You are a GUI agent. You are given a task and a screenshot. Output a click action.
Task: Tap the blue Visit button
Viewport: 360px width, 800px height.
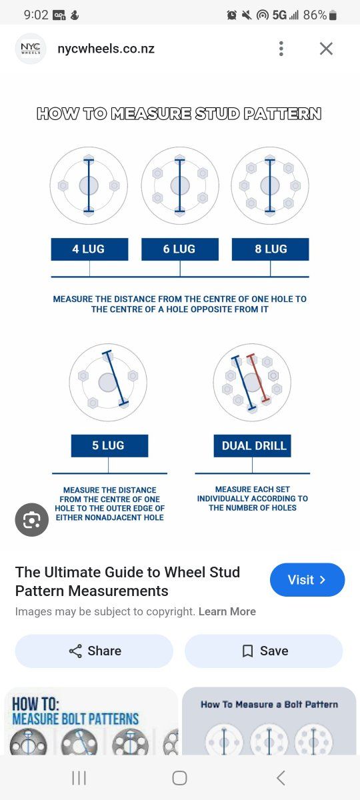tap(307, 579)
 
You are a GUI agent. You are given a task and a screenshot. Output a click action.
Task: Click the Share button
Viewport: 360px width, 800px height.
tap(94, 651)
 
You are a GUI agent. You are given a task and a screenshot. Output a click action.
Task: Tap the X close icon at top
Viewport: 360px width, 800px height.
tap(326, 49)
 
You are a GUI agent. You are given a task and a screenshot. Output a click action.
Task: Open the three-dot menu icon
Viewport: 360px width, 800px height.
tap(281, 49)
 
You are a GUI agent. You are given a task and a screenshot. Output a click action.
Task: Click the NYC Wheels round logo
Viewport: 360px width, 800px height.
tap(31, 49)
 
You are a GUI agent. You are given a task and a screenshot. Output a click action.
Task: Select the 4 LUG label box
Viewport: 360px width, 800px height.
tap(89, 249)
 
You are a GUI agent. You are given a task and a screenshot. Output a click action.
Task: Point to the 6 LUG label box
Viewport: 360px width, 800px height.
tap(180, 249)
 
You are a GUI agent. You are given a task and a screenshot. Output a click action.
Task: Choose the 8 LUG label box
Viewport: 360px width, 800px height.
tap(271, 249)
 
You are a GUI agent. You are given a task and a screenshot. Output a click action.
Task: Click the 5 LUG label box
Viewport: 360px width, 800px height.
tap(109, 446)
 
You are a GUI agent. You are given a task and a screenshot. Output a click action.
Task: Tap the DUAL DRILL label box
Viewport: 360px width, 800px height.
tap(253, 446)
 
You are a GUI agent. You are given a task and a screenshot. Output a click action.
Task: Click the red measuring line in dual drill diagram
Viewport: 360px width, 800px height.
tap(258, 377)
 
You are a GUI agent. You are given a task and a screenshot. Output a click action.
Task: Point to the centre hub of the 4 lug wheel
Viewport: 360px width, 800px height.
tap(89, 185)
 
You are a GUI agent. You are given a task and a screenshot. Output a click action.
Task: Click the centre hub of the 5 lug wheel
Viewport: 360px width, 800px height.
tap(108, 383)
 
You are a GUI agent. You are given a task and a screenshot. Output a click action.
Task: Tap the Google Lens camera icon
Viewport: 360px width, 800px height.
tap(32, 519)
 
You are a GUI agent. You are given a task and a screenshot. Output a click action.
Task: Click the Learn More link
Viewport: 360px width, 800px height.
tap(227, 611)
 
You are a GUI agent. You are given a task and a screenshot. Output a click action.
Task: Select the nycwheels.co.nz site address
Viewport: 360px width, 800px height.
tap(106, 49)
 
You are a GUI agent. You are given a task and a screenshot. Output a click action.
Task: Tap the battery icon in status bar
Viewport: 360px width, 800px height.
tap(333, 15)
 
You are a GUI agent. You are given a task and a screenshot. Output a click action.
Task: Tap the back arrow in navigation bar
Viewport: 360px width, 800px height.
tap(281, 778)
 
